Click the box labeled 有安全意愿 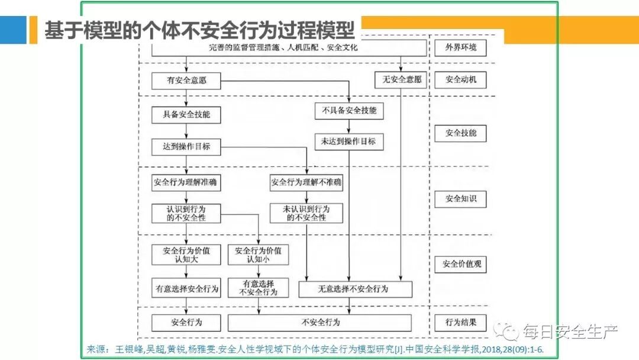pyautogui.click(x=186, y=80)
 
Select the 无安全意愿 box pyautogui.click(x=402, y=79)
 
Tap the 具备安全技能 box pyautogui.click(x=186, y=114)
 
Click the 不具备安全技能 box pyautogui.click(x=349, y=111)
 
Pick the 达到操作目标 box pyautogui.click(x=186, y=146)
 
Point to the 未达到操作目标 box pyautogui.click(x=348, y=142)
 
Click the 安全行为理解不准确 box pyautogui.click(x=306, y=182)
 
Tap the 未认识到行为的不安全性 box pyautogui.click(x=306, y=213)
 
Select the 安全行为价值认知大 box pyautogui.click(x=186, y=255)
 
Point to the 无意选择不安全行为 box pyautogui.click(x=355, y=289)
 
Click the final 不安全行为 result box pyautogui.click(x=319, y=323)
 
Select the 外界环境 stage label pyautogui.click(x=460, y=47)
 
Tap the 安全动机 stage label pyautogui.click(x=460, y=79)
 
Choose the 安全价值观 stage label pyautogui.click(x=460, y=264)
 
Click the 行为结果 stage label pyautogui.click(x=460, y=323)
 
